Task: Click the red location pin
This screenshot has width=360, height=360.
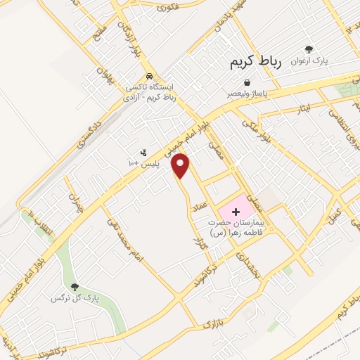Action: (182, 165)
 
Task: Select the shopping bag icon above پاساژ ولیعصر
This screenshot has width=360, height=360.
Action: (247, 82)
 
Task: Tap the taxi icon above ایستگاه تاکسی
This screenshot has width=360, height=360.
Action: (149, 77)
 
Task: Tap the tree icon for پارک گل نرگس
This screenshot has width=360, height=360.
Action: (75, 288)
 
